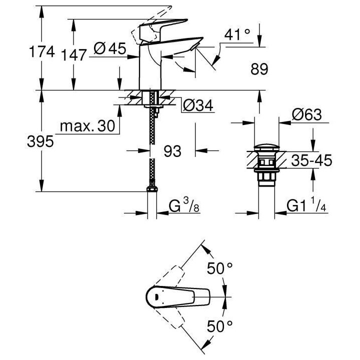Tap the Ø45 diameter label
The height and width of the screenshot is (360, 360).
(109, 48)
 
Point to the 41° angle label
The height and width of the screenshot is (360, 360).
(236, 35)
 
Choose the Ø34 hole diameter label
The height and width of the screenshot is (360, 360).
(197, 106)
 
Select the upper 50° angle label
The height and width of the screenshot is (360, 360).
(220, 269)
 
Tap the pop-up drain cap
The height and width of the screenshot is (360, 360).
(264, 148)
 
